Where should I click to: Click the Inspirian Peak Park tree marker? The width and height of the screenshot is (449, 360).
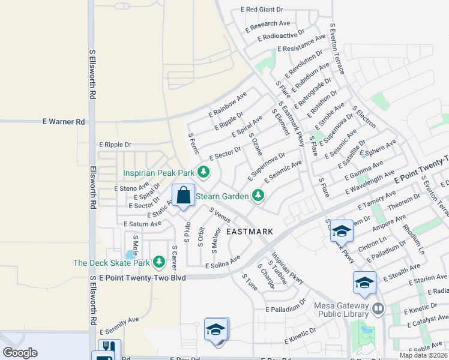(203, 173)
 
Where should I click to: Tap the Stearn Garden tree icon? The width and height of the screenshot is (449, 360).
(258, 196)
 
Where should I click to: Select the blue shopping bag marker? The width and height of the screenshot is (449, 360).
(183, 196)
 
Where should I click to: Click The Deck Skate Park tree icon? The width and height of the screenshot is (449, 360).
(159, 262)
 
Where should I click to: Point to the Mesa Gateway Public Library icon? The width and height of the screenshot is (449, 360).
(378, 309)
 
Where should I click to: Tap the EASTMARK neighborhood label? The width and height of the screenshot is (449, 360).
(249, 232)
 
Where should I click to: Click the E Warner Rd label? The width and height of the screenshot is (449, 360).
(64, 121)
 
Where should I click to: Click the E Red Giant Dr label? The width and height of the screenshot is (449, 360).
(262, 10)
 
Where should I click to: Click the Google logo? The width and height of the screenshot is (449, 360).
(20, 353)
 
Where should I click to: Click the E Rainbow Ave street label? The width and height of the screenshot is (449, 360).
(228, 104)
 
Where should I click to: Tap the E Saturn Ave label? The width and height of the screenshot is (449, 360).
(142, 224)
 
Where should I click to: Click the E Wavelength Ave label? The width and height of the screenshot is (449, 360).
(370, 184)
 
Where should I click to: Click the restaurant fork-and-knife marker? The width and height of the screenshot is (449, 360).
(109, 346)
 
